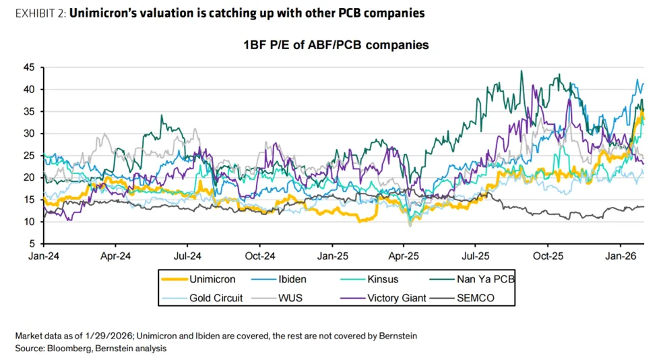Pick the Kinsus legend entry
tap(383, 278)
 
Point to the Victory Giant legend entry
tap(397, 297)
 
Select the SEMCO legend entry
tap(475, 297)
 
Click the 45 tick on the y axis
tap(29, 67)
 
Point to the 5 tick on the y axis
tap(32, 243)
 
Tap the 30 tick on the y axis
tap(29, 133)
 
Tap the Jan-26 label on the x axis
tap(620, 256)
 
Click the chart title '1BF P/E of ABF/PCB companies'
tap(336, 45)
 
